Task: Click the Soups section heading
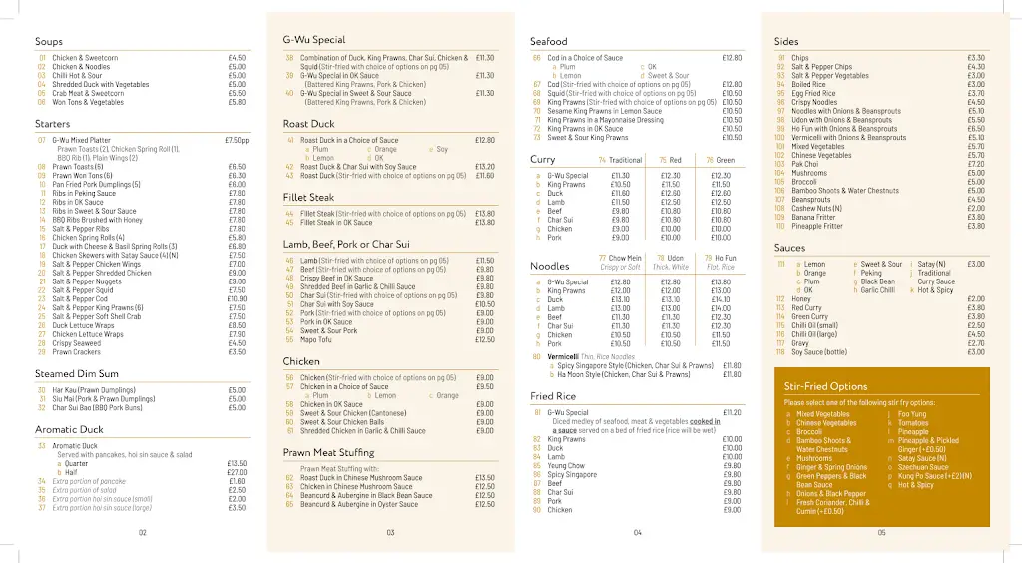click(x=49, y=42)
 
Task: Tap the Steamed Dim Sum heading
click(x=69, y=374)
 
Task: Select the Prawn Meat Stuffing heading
click(x=328, y=453)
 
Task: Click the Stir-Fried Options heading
click(x=825, y=386)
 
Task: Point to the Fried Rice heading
click(x=553, y=396)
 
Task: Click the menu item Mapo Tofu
click(x=318, y=340)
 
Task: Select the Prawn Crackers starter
click(x=76, y=352)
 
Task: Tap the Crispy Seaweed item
click(x=76, y=343)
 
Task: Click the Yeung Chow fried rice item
click(x=566, y=466)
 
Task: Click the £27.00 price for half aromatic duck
click(x=237, y=472)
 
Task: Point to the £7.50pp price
click(x=237, y=140)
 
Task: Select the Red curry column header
click(x=675, y=160)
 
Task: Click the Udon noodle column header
click(x=676, y=258)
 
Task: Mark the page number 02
click(x=143, y=532)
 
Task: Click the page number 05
click(x=881, y=532)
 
